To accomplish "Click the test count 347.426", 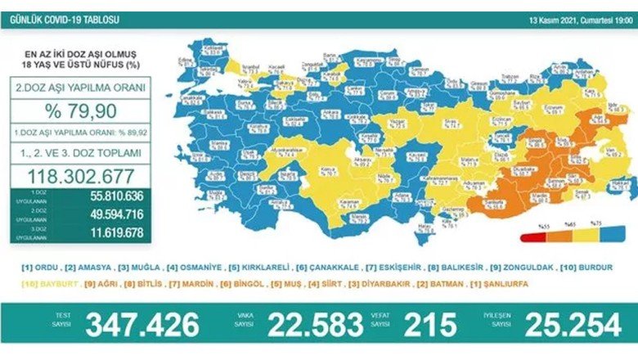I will click(x=144, y=325).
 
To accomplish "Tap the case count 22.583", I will click(x=306, y=325).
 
